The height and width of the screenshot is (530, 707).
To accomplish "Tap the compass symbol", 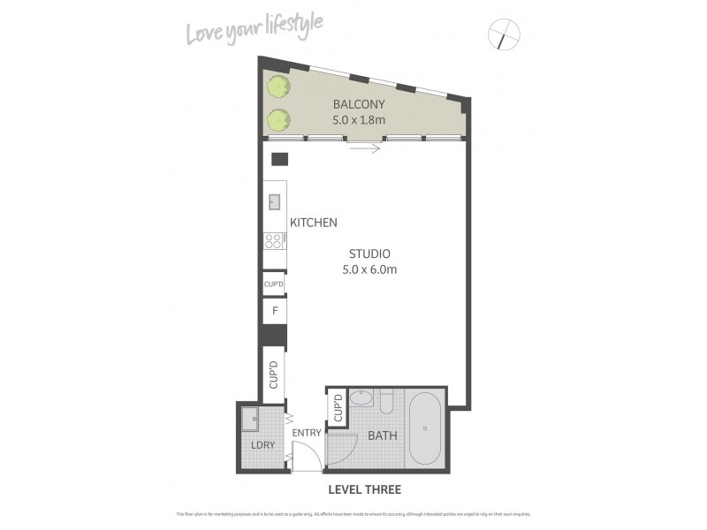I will (504, 35).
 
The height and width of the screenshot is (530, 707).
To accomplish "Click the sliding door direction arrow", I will (364, 148).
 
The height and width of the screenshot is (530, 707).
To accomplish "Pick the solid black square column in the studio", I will (279, 160).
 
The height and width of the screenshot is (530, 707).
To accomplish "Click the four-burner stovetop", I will (273, 239).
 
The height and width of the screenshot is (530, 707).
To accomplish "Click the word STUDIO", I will (369, 253).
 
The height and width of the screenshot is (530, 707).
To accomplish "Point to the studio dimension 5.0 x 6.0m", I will (369, 269).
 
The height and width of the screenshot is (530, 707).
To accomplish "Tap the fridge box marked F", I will (274, 311).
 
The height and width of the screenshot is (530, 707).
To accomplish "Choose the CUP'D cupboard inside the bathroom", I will (338, 408).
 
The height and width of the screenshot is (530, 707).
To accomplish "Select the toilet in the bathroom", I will (387, 402).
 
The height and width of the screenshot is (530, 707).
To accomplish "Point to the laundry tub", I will (251, 419).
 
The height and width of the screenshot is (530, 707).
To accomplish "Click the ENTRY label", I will (306, 434).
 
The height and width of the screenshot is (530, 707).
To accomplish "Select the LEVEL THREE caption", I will (365, 488).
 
